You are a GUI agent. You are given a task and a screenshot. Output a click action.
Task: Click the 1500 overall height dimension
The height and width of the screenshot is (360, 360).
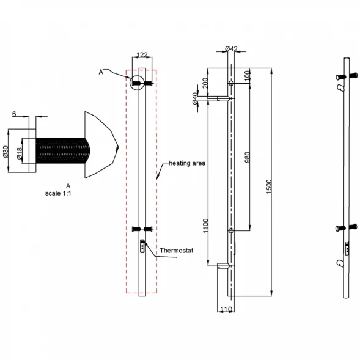(x=269, y=186)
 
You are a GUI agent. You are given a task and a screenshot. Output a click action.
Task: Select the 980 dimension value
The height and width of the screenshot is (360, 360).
(x=248, y=157)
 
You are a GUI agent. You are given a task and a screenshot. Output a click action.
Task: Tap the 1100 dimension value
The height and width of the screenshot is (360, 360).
(x=205, y=226)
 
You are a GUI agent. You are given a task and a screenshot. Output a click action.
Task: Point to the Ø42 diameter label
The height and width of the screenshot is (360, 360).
(x=231, y=49)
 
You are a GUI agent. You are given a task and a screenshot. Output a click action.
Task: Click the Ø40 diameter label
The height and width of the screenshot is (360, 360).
(x=195, y=98)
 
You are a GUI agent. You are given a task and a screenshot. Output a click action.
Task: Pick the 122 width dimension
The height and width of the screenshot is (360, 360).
(x=142, y=54)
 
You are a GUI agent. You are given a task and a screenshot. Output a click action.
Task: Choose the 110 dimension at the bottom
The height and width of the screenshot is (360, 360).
(x=226, y=309)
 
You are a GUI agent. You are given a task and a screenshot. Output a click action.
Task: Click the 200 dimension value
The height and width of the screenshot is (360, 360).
(x=205, y=83)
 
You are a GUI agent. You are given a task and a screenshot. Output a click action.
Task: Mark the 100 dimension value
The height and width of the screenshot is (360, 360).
(x=248, y=76)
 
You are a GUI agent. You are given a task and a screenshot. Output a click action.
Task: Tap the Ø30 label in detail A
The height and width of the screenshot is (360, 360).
(x=6, y=152)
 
